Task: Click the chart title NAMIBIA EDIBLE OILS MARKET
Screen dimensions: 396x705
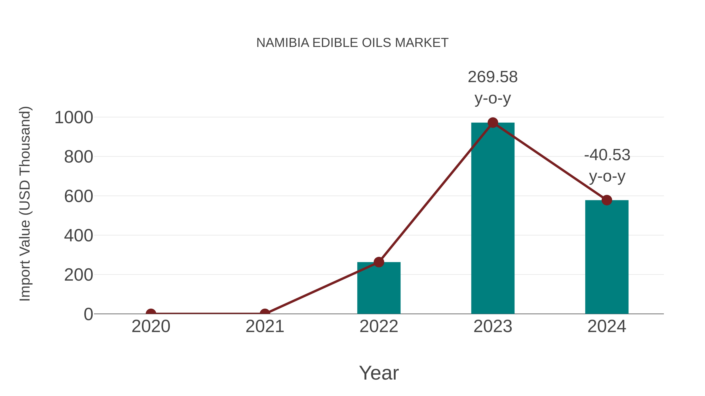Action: point(352,43)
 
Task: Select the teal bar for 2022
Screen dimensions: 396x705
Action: point(379,290)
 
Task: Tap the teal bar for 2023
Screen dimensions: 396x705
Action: point(493,219)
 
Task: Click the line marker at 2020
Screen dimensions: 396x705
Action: point(151,313)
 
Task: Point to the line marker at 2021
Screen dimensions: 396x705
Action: point(265,313)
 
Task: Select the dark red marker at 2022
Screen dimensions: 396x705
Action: point(379,262)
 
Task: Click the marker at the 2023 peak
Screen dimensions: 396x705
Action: point(493,123)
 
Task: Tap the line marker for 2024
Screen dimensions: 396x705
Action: point(607,200)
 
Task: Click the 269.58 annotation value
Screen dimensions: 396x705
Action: point(493,77)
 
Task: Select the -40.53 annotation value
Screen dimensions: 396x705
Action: point(607,155)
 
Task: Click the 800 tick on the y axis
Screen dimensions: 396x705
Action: point(79,157)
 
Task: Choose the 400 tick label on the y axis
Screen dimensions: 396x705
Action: point(79,236)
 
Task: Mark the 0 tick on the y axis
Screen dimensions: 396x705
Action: point(88,314)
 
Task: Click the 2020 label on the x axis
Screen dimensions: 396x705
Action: point(151,326)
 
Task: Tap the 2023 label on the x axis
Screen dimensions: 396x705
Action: point(493,326)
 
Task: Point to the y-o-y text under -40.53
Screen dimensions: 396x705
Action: point(607,177)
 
